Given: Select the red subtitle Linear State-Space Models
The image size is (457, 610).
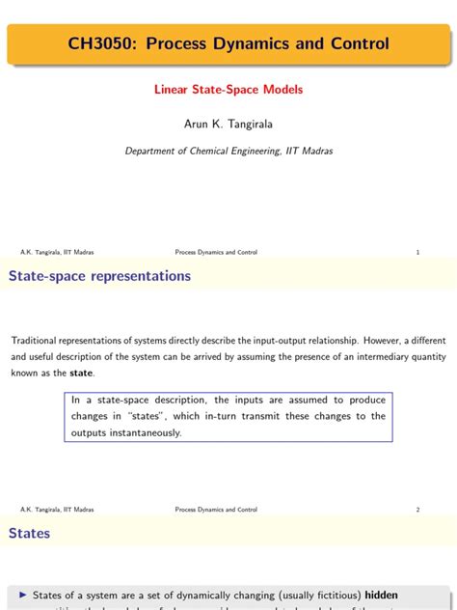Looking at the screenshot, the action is click(x=228, y=90).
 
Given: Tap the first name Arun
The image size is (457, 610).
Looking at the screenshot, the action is click(x=198, y=124).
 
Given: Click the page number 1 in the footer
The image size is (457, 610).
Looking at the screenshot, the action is click(x=417, y=253).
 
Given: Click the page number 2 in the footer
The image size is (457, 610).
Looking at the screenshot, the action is click(x=417, y=509).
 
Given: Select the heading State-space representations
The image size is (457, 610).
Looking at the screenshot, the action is click(x=99, y=276).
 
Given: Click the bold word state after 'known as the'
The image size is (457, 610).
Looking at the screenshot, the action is click(x=81, y=374).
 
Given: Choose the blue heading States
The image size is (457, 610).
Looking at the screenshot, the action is click(x=30, y=533).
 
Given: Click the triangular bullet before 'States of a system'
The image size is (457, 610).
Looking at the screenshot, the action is click(x=23, y=596).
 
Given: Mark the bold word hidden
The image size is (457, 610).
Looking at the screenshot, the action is click(x=381, y=596).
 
